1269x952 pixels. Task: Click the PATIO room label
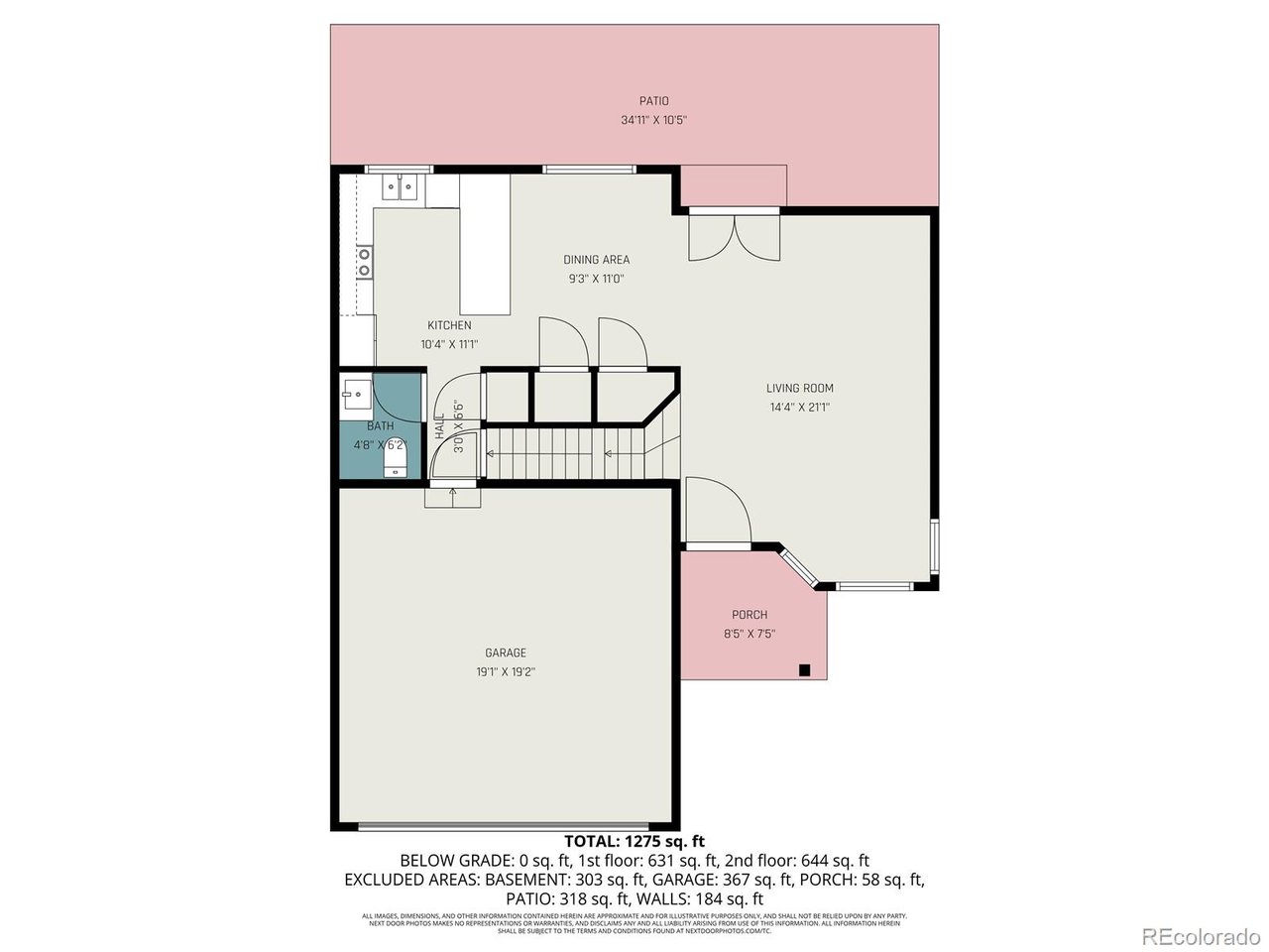pyautogui.click(x=653, y=100)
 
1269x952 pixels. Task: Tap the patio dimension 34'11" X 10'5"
pyautogui.click(x=653, y=120)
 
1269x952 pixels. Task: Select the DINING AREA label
pyautogui.click(x=596, y=260)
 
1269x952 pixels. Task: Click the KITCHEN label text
pyautogui.click(x=449, y=325)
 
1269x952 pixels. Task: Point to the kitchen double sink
pyautogui.click(x=400, y=186)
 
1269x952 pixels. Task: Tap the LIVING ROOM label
pyautogui.click(x=799, y=388)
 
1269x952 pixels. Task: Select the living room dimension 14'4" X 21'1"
pyautogui.click(x=799, y=407)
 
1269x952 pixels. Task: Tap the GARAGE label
pyautogui.click(x=506, y=653)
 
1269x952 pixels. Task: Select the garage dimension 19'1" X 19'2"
pyautogui.click(x=506, y=671)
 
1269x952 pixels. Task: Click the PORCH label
pyautogui.click(x=750, y=615)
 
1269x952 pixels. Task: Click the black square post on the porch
pyautogui.click(x=805, y=670)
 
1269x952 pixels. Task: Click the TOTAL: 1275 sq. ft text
pyautogui.click(x=634, y=842)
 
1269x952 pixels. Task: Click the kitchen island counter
pyautogui.click(x=485, y=246)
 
